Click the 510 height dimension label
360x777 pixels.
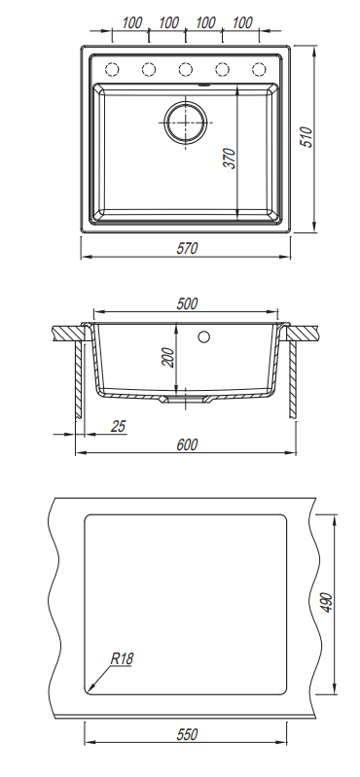coord(307,137)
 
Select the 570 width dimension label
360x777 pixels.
coord(187,248)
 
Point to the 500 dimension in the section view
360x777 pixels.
coord(187,303)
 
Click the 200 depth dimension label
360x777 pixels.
coord(168,357)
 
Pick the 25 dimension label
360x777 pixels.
coord(118,426)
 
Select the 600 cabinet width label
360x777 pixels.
coord(187,444)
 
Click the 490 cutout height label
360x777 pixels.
coord(327,602)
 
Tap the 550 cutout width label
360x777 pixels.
coord(187,734)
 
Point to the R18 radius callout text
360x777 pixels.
coord(122,658)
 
